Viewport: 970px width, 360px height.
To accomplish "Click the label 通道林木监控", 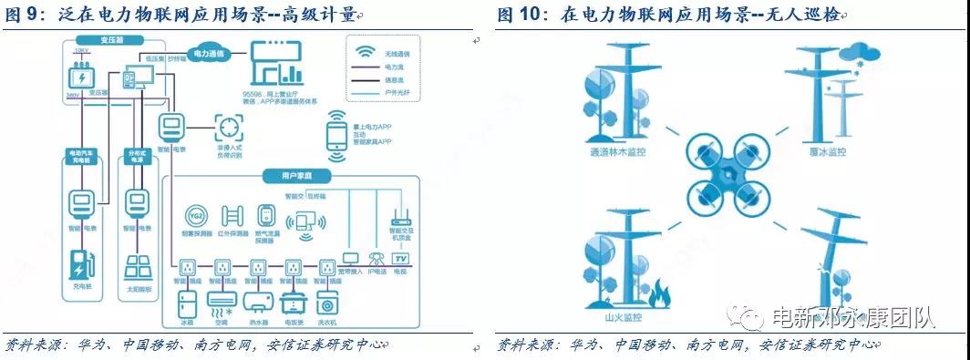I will point(617,152).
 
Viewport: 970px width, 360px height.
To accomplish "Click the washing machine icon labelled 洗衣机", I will point(325,303).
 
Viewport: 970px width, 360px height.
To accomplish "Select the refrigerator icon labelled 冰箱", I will point(188,303).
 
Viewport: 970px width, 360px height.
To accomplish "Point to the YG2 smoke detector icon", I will point(196,217).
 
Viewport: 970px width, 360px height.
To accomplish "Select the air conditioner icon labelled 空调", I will point(222,303).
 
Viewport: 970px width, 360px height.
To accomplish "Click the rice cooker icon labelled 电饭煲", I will point(292,303).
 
